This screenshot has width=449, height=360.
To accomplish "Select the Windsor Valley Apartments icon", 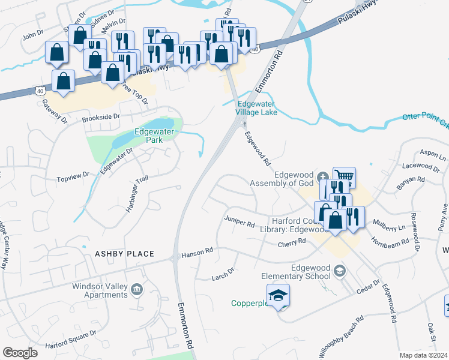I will click(x=137, y=290).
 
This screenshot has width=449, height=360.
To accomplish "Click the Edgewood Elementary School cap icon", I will click(x=340, y=271).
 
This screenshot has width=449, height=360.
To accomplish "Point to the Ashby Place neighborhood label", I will click(x=124, y=254).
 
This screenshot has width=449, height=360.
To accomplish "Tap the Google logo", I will click(x=20, y=353).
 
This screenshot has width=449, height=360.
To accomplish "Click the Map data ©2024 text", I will click(x=424, y=355).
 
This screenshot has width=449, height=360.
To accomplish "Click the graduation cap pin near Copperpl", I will click(x=278, y=296).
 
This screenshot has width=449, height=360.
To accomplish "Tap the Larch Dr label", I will click(x=223, y=276).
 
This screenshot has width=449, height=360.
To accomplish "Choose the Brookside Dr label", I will click(x=101, y=118).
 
